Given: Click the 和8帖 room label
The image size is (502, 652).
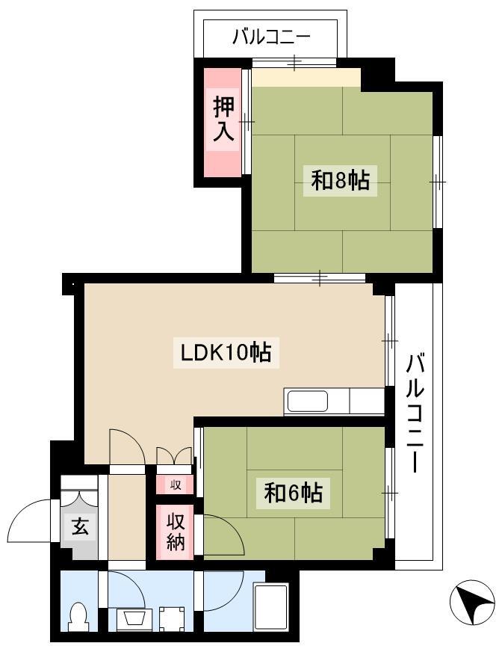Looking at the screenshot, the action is (340, 181).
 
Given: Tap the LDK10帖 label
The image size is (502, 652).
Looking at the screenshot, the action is (226, 353).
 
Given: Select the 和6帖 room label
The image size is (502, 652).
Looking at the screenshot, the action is (293, 493).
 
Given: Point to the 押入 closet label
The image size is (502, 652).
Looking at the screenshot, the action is (223, 120).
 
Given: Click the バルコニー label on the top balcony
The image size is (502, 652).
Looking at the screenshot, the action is (271, 37).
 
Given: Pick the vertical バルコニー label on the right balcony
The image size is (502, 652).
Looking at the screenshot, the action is (415, 413).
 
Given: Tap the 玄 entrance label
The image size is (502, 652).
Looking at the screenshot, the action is (80, 527).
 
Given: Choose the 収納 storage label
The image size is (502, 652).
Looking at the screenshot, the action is (176, 532).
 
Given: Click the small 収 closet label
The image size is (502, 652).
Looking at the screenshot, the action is (176, 485).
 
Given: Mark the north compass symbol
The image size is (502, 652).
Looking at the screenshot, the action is (472, 602).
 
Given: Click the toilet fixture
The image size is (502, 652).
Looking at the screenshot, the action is (78, 618).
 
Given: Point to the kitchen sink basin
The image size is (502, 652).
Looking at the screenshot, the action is (308, 402).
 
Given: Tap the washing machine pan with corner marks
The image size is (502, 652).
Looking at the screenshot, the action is (172, 620).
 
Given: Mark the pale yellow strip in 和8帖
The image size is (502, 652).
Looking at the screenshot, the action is (306, 78).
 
